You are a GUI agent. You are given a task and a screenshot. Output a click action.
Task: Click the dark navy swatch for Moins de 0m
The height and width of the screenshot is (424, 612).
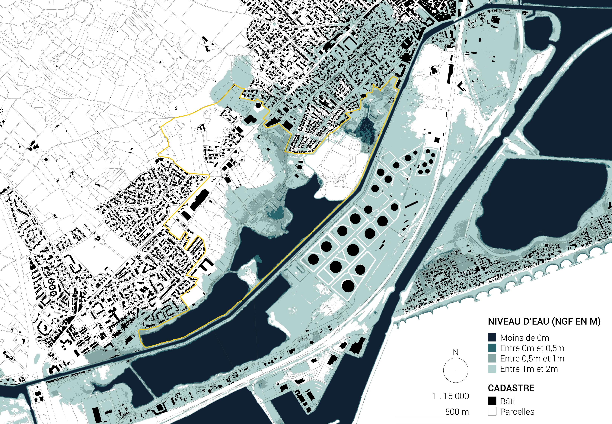(492, 338)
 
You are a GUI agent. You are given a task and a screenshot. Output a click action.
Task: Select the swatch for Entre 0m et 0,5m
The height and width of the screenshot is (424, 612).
(492, 348)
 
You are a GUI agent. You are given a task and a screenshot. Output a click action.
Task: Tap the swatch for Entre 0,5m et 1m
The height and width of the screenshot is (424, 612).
(492, 358)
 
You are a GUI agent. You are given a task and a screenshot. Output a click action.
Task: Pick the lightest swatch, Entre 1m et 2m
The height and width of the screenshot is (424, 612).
(492, 369)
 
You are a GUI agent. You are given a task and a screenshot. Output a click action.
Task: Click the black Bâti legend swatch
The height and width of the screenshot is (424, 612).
(492, 401)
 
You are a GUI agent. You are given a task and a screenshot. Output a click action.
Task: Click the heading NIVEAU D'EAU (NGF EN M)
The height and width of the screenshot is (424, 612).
(544, 322)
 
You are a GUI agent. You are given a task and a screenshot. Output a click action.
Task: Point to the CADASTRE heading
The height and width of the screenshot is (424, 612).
(511, 388)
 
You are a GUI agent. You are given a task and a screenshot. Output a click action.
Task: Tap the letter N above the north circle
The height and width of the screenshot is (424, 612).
(456, 352)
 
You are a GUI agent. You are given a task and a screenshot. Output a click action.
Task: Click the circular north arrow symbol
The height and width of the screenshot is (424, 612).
(456, 370)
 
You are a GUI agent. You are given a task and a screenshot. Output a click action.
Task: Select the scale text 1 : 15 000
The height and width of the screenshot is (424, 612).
(451, 396)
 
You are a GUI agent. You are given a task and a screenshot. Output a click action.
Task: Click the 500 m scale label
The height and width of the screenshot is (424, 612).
(457, 412)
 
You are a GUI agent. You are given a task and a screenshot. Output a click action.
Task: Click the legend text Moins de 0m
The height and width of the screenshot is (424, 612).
(524, 338)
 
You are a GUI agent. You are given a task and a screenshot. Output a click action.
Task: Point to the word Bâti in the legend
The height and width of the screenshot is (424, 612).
(507, 401)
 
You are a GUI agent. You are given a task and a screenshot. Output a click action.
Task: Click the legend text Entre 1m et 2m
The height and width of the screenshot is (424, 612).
(529, 369)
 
